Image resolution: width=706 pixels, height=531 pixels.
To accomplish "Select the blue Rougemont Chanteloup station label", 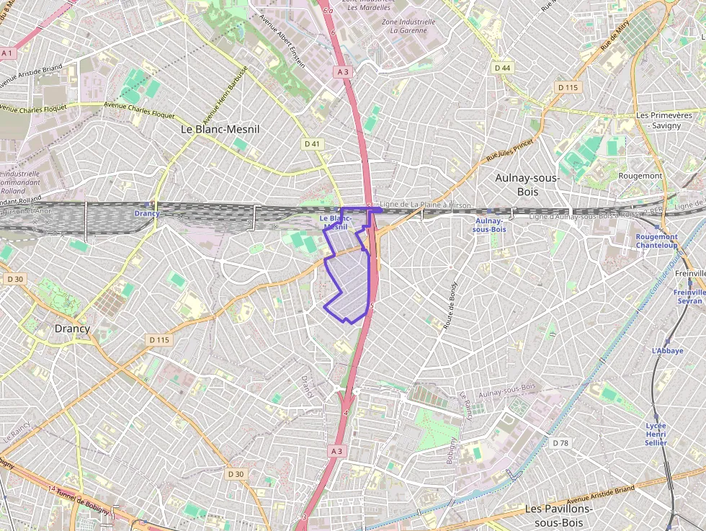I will pos(656,241).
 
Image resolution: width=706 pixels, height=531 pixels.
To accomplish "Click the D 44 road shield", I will pos(502,68).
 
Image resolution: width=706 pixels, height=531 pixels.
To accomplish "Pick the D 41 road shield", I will pos(312,143).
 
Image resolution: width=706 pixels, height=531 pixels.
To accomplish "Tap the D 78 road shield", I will pos(560,442).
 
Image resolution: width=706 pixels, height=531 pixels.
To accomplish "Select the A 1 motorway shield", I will pos(8,53).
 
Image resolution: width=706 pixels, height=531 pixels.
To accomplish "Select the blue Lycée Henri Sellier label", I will pos(656,434).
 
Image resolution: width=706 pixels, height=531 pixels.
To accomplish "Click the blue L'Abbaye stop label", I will pos(666,351).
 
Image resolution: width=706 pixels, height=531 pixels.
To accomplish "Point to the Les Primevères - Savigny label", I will pos(663,120).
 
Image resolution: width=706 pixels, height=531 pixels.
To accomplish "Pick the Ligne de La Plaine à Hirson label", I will pos(425,205).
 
